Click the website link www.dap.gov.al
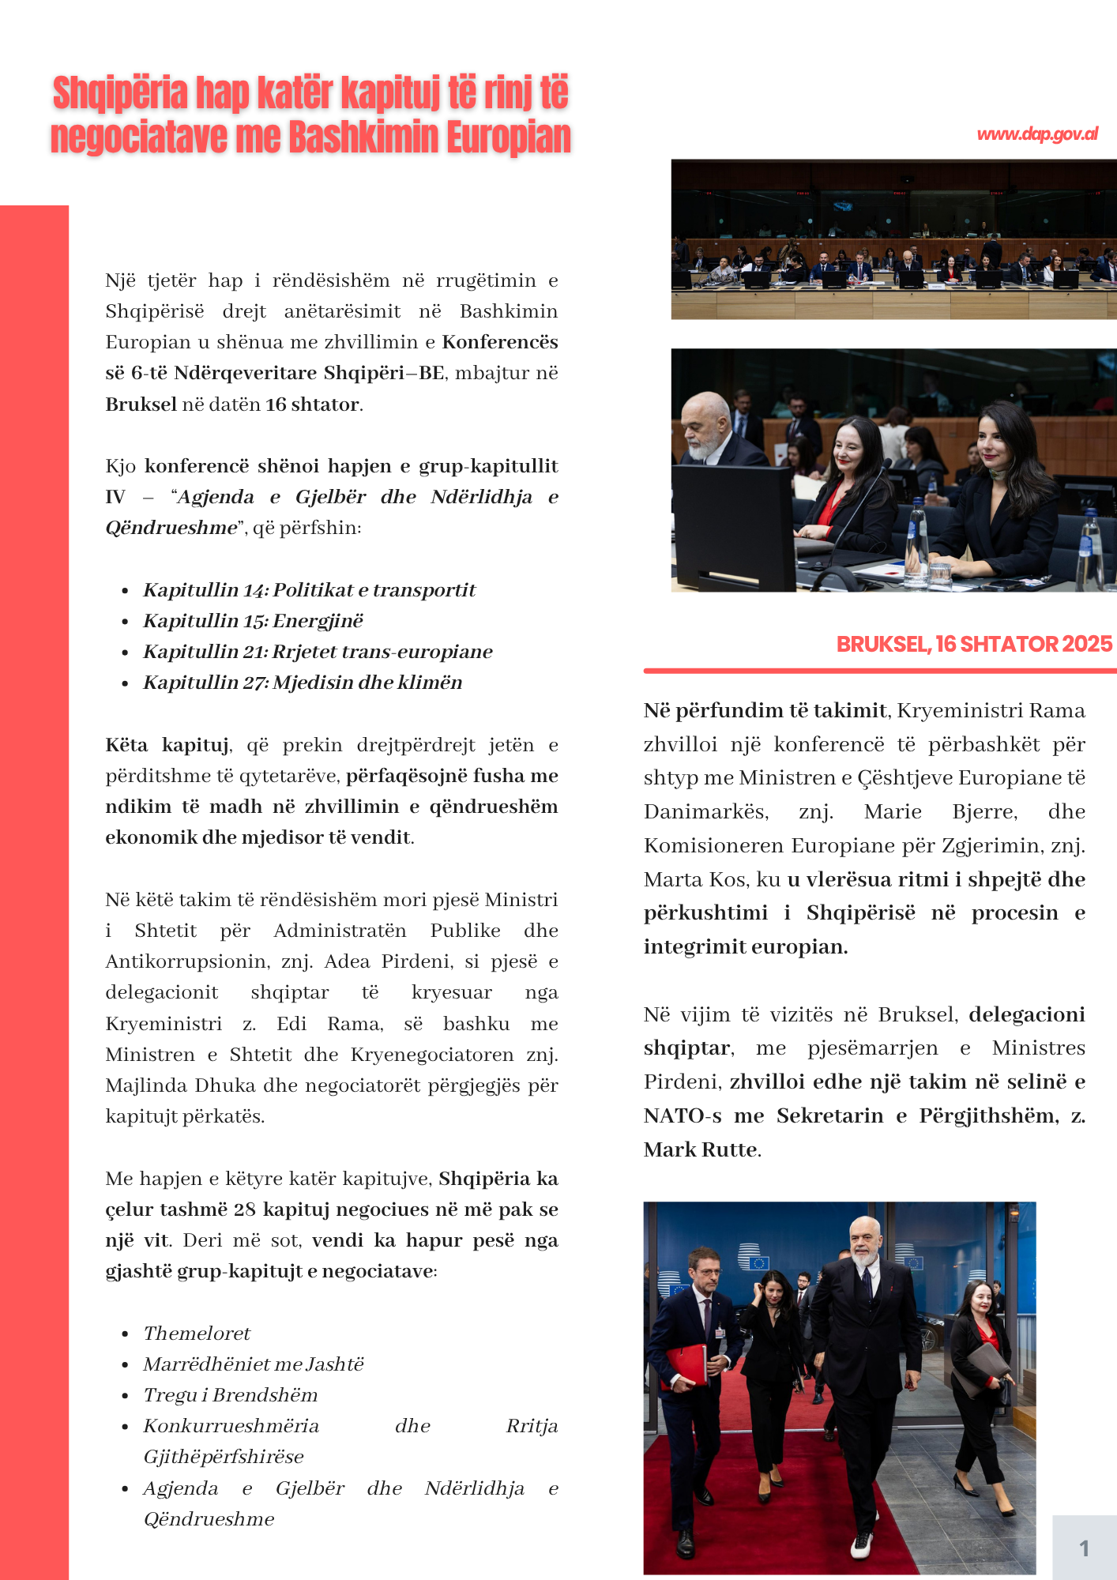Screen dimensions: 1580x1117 coord(1036,134)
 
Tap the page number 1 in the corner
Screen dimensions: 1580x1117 coord(1084,1548)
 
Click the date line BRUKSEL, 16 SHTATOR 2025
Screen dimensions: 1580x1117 coord(973,645)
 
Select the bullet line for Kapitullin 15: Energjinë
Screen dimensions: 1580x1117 coord(253,621)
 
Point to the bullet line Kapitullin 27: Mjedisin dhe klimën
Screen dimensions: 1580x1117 coord(303,683)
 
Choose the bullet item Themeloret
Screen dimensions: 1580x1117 coord(197,1334)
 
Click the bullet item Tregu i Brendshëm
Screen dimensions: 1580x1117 coord(230,1395)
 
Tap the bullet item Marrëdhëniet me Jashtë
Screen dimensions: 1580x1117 coord(253,1364)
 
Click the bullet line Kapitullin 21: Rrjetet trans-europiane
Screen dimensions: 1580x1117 coord(318,652)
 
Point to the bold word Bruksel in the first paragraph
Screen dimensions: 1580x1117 coord(141,404)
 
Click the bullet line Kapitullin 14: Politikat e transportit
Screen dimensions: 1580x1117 coord(309,590)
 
